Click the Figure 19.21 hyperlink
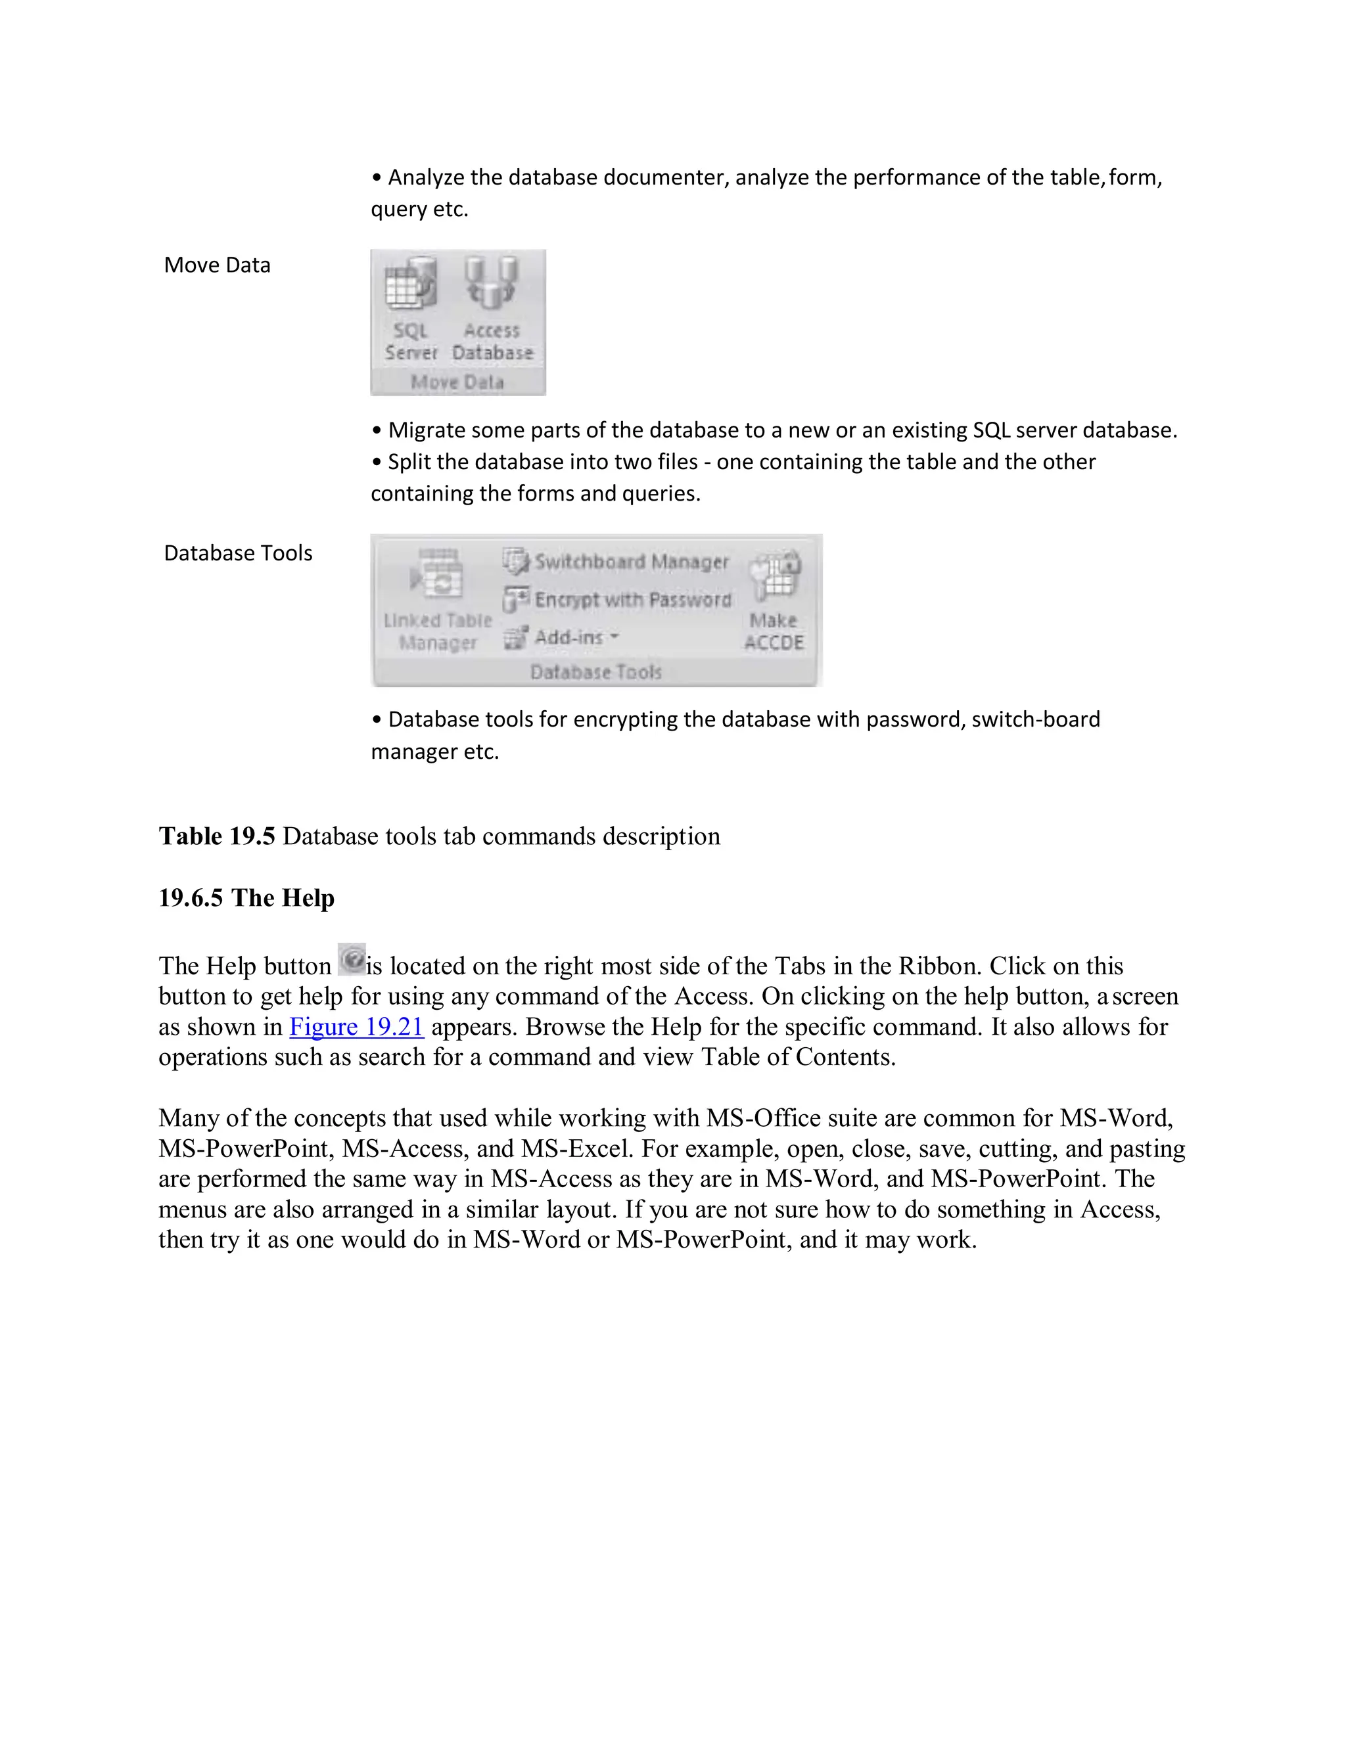tap(356, 1027)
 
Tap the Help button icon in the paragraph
tap(351, 960)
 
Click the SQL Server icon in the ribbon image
tap(411, 307)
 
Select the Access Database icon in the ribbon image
tap(492, 307)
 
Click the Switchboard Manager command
tap(616, 562)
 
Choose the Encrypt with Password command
tap(617, 599)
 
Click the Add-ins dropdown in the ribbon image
tap(562, 637)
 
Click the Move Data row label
tap(217, 265)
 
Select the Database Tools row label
tap(238, 553)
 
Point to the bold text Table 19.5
tap(217, 836)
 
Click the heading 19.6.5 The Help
tap(246, 897)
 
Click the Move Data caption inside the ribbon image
tap(457, 382)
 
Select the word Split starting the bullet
tap(407, 463)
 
